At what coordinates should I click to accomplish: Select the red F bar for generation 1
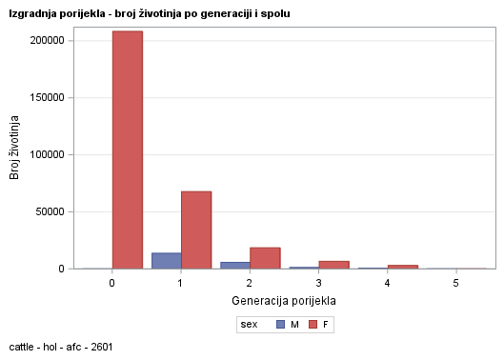click(196, 230)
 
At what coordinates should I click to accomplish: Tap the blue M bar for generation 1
click(166, 260)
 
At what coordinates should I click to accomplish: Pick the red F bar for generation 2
click(265, 258)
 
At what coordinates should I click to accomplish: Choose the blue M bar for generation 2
click(234, 265)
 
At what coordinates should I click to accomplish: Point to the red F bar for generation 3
click(333, 265)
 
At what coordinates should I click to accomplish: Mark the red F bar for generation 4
click(402, 267)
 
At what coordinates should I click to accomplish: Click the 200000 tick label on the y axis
click(45, 41)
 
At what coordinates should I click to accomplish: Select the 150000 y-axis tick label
click(45, 98)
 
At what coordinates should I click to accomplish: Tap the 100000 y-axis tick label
click(45, 154)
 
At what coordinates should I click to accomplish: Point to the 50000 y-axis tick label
click(48, 211)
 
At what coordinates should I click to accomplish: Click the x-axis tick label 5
click(455, 284)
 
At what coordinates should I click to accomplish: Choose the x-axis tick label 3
click(318, 284)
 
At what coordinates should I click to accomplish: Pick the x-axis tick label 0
click(112, 284)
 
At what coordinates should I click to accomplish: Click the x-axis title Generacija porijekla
click(284, 301)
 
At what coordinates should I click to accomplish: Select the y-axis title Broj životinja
click(15, 148)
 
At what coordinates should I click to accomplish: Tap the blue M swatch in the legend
click(280, 325)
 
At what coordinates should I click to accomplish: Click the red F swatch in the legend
click(312, 325)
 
